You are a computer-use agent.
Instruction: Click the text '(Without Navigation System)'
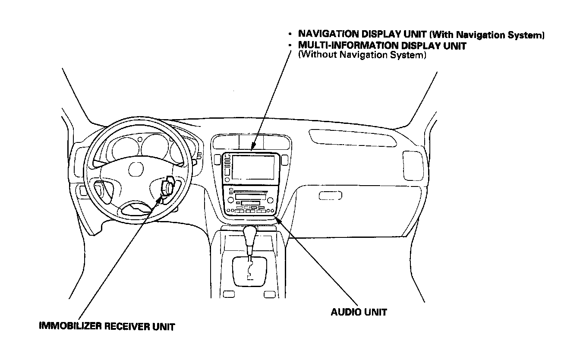[362, 55]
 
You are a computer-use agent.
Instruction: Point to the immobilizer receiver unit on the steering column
[167, 186]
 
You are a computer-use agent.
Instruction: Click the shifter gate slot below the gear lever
[249, 270]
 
